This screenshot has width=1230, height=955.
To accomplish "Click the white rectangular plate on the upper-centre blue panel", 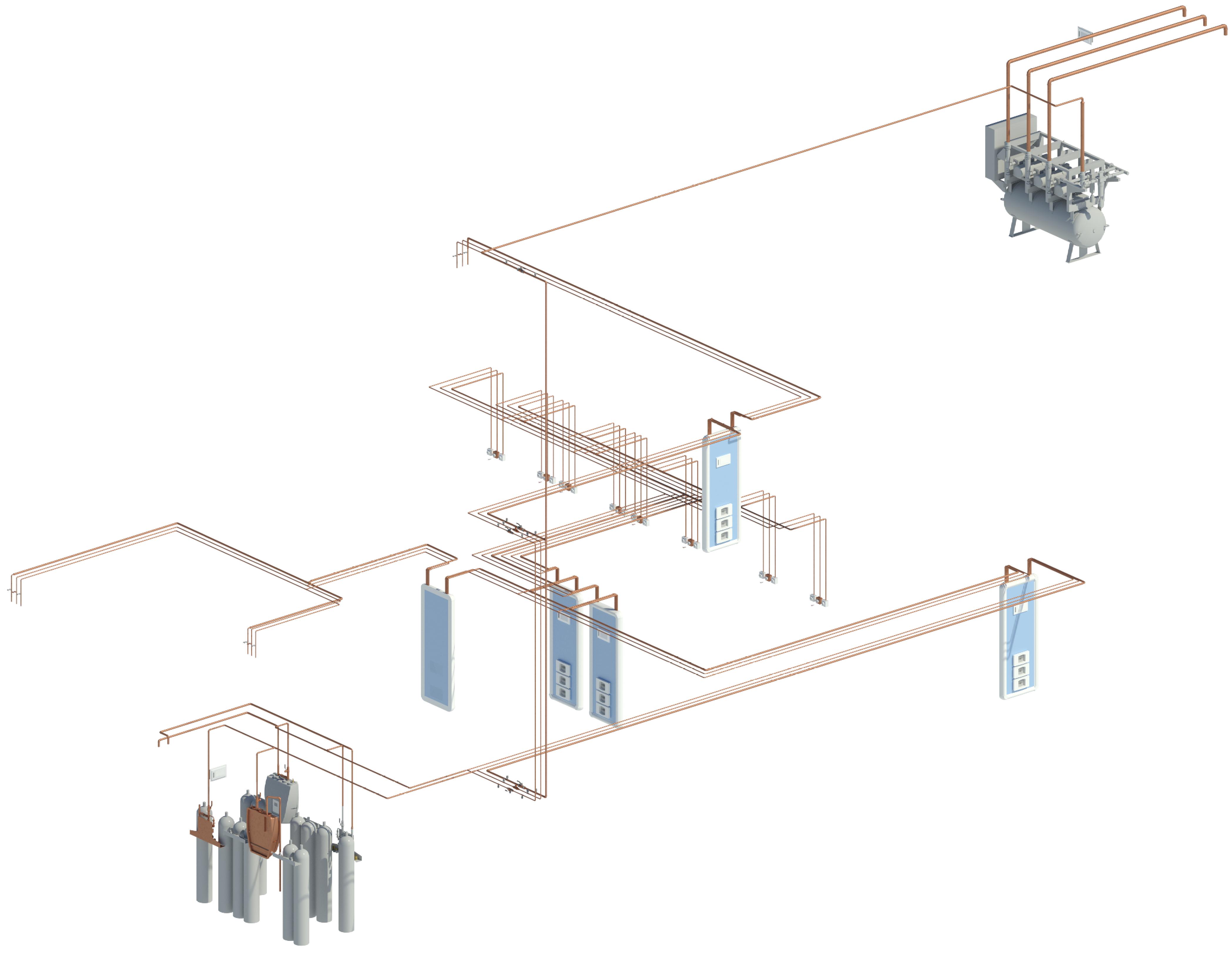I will pos(724,461).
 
